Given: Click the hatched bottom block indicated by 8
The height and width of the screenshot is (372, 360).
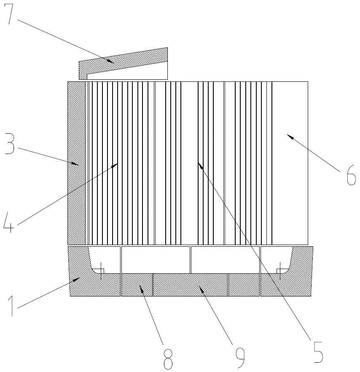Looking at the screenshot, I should click(x=137, y=285).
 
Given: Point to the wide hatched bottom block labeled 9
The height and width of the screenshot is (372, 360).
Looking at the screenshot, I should click(x=190, y=285).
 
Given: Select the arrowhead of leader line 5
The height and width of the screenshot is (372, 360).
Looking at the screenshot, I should click(x=199, y=165).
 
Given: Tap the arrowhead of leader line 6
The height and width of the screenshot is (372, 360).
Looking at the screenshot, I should click(x=289, y=135).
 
